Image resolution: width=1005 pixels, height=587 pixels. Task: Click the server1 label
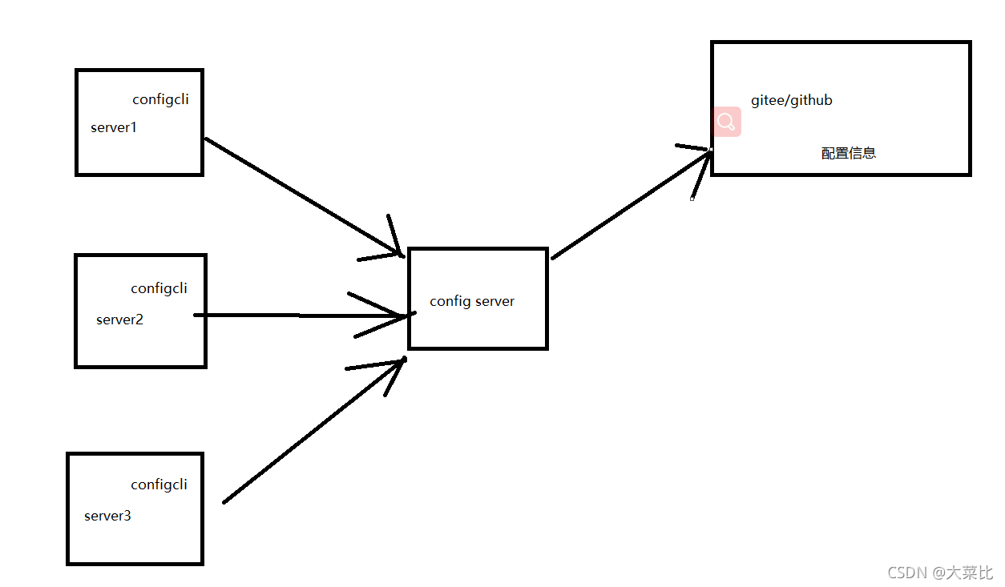(114, 127)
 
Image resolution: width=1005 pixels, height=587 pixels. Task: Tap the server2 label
(119, 320)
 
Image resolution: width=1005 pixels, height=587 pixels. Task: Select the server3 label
(107, 516)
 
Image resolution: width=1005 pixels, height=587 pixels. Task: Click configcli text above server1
(160, 99)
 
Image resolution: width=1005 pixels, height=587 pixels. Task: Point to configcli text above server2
(159, 288)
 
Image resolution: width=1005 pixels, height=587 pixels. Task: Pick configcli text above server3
(159, 484)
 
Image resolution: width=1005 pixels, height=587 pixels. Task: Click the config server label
(472, 301)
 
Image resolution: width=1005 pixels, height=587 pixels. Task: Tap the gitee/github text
(791, 100)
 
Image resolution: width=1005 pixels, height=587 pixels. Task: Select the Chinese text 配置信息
(849, 153)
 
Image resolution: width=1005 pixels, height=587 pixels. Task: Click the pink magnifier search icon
(727, 122)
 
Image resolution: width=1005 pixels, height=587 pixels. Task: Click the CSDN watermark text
(940, 573)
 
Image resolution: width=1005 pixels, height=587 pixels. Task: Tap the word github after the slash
(810, 100)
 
